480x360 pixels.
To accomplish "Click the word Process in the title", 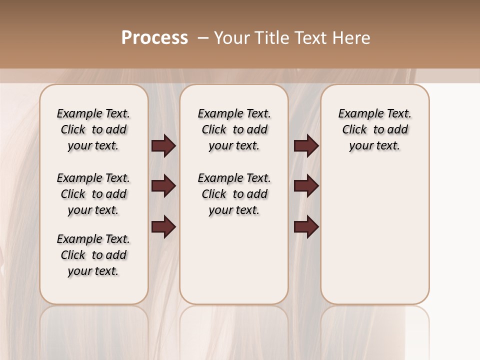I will (154, 38).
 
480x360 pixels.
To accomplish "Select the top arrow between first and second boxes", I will (163, 146).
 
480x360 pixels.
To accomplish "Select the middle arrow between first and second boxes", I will (163, 186).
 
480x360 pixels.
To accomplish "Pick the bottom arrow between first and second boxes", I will (163, 227).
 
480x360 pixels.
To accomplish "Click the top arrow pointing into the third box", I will (306, 146).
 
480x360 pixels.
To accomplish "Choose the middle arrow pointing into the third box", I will (306, 186).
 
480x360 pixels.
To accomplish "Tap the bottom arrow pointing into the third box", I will (306, 227).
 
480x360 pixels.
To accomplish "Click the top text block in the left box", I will (93, 129).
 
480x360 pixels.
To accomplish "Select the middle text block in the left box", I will (93, 194).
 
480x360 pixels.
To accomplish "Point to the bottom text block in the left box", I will (93, 255).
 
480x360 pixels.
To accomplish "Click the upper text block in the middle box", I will (234, 129).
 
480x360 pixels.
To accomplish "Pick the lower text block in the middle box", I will (234, 194).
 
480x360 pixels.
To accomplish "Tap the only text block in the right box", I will (375, 129).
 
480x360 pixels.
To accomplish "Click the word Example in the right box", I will (357, 114).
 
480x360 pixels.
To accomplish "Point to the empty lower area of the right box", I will (375, 235).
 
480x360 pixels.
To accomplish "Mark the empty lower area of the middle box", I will (234, 260).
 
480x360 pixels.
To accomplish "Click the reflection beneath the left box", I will (94, 330).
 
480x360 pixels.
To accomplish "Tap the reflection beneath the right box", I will (375, 330).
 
